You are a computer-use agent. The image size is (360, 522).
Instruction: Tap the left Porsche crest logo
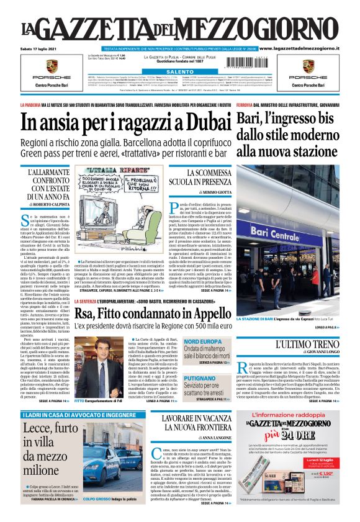tap(52, 67)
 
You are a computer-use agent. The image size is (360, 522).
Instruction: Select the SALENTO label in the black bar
tap(179, 72)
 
